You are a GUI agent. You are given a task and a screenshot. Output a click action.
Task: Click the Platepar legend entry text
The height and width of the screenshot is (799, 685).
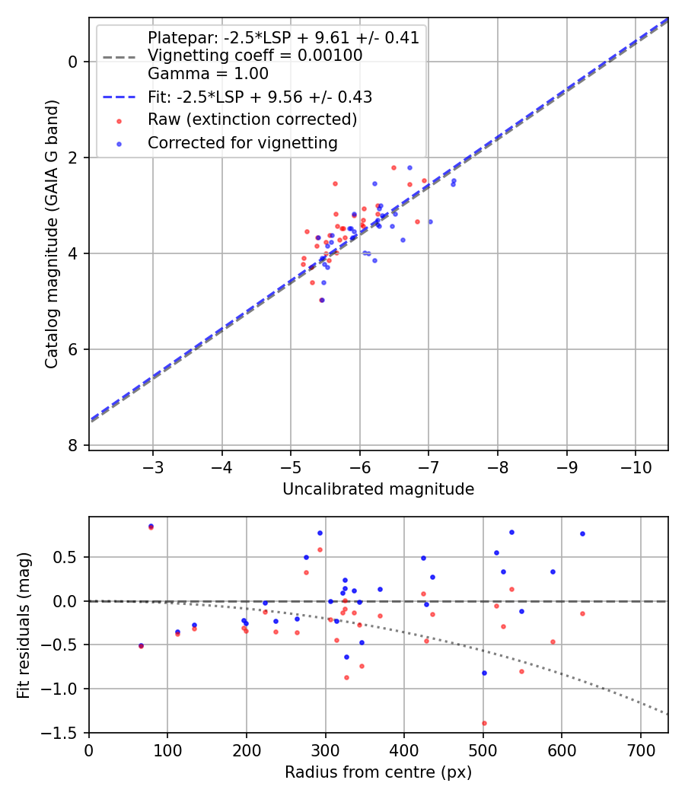tap(283, 38)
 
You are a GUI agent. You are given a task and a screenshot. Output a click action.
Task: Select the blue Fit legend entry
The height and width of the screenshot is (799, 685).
tap(260, 97)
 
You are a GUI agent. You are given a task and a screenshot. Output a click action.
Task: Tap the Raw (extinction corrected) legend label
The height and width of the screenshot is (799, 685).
tap(252, 119)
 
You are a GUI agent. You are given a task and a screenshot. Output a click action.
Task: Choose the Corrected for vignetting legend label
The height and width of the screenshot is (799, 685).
tap(242, 142)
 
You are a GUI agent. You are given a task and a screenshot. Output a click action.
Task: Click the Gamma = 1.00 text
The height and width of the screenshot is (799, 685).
tap(208, 74)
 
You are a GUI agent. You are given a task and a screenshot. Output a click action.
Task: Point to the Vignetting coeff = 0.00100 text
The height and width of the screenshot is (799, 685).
tap(255, 56)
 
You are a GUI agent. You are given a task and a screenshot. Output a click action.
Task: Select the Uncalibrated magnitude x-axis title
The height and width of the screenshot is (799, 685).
tap(378, 489)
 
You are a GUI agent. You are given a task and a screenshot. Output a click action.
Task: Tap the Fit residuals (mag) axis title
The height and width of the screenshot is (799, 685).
tap(24, 625)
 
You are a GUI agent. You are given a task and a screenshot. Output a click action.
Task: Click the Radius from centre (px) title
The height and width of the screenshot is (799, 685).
tap(378, 772)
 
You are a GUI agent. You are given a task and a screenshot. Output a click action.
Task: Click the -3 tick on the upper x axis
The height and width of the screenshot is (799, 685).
tap(153, 466)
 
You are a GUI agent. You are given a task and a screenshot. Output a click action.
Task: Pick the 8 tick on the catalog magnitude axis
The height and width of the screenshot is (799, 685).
tap(74, 445)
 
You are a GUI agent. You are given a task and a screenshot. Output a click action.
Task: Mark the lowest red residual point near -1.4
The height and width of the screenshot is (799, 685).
tap(484, 723)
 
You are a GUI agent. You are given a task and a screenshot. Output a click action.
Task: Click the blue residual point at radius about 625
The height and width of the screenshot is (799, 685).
tap(582, 533)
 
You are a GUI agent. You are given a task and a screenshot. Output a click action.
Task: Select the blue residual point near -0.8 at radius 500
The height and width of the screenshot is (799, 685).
tap(484, 673)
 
